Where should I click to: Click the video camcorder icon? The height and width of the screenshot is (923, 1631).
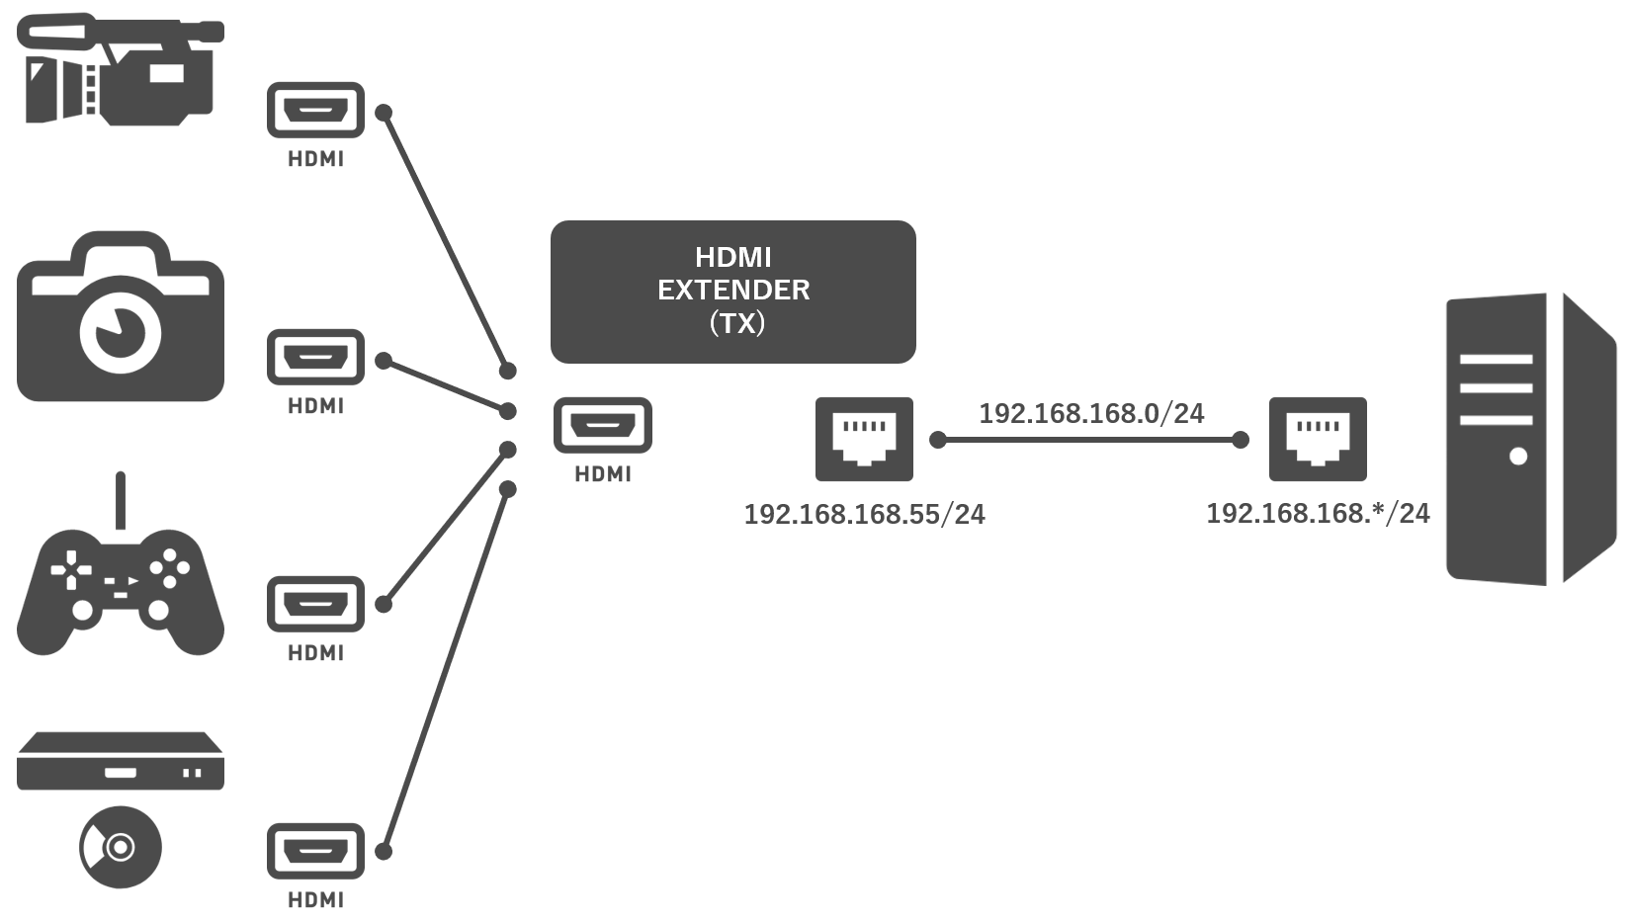(120, 69)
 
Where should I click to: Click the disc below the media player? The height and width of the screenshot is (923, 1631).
(120, 847)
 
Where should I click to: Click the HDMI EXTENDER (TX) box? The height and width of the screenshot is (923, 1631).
(732, 292)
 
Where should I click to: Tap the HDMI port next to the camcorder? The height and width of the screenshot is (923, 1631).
(315, 110)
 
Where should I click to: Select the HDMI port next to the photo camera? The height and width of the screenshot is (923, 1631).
(315, 357)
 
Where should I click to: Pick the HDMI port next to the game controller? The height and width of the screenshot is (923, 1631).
(315, 604)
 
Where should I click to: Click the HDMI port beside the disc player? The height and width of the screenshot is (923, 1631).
(315, 851)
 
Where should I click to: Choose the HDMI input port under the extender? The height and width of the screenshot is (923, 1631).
(602, 425)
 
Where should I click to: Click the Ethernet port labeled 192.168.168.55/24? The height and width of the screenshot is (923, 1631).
(864, 439)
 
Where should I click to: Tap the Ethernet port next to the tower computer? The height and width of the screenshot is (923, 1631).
(1318, 439)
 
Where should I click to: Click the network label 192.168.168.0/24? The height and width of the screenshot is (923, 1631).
(1091, 413)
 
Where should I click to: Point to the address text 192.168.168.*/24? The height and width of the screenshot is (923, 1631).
(1318, 513)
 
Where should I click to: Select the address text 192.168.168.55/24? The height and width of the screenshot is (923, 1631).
(864, 514)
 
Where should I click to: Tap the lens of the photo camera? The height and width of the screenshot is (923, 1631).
(120, 331)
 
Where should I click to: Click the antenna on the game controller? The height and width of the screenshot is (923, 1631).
(121, 500)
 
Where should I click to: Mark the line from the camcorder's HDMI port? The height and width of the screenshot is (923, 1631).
(445, 240)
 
